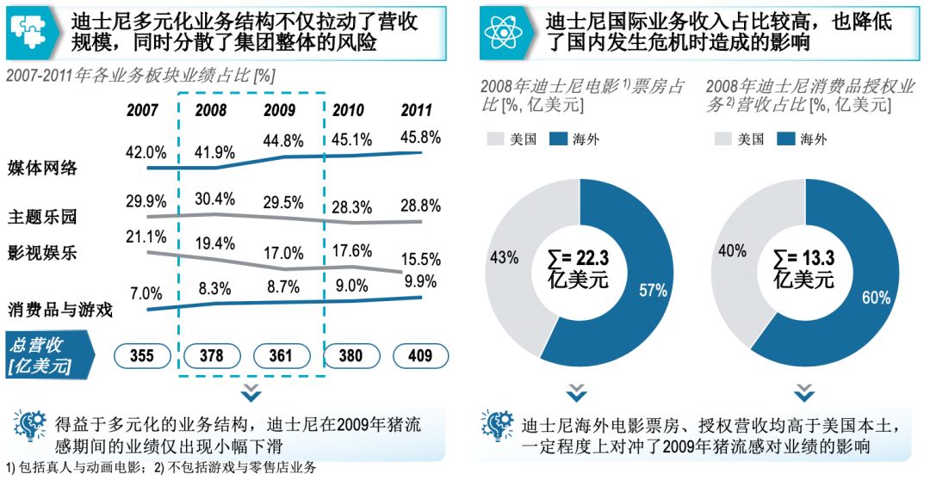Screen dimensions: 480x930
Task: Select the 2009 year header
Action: point(281,110)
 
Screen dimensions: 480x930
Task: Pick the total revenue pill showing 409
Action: point(420,355)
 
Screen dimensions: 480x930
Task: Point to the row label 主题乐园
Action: point(42,215)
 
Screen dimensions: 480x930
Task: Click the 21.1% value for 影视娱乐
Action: point(146,237)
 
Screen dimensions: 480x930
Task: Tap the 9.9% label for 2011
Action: point(420,281)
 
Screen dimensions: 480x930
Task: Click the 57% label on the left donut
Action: point(653,290)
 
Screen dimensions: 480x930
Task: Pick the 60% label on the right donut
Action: point(877,298)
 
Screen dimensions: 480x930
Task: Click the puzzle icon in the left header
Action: point(29,32)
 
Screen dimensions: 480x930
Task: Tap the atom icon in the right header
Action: point(502,32)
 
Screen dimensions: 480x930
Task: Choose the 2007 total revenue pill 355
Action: point(144,355)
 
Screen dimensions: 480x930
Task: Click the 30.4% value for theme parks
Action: point(214,199)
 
